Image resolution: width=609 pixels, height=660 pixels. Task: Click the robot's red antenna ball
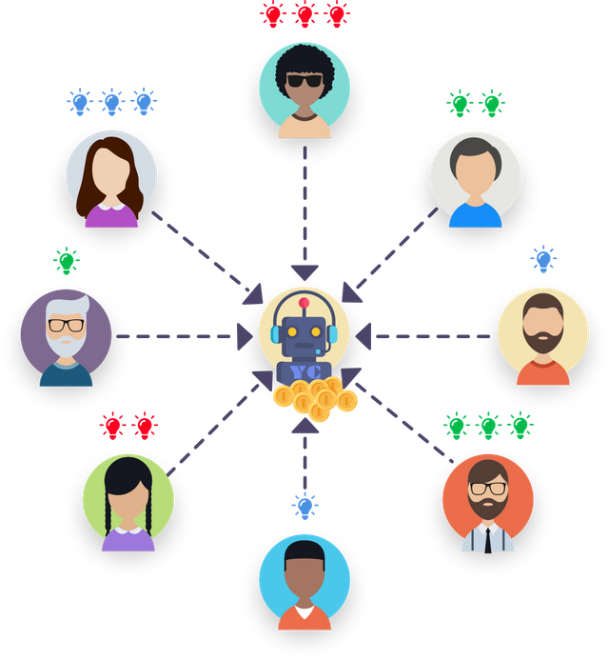(304, 303)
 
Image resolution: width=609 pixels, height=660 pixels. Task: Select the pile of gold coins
(314, 397)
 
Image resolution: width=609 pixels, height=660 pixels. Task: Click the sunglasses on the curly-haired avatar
(304, 81)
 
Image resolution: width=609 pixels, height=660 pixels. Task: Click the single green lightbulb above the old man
(67, 260)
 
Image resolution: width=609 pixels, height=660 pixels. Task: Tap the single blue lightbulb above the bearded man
(542, 258)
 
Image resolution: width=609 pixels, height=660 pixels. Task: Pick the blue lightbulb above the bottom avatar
(304, 506)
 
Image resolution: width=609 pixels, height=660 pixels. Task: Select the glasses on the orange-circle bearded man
(487, 489)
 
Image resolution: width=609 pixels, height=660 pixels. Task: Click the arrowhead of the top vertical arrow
(304, 272)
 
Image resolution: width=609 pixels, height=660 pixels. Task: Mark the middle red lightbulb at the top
(304, 14)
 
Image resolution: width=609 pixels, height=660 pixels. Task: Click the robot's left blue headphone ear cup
(277, 334)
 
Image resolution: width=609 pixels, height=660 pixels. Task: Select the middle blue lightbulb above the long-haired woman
(112, 100)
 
